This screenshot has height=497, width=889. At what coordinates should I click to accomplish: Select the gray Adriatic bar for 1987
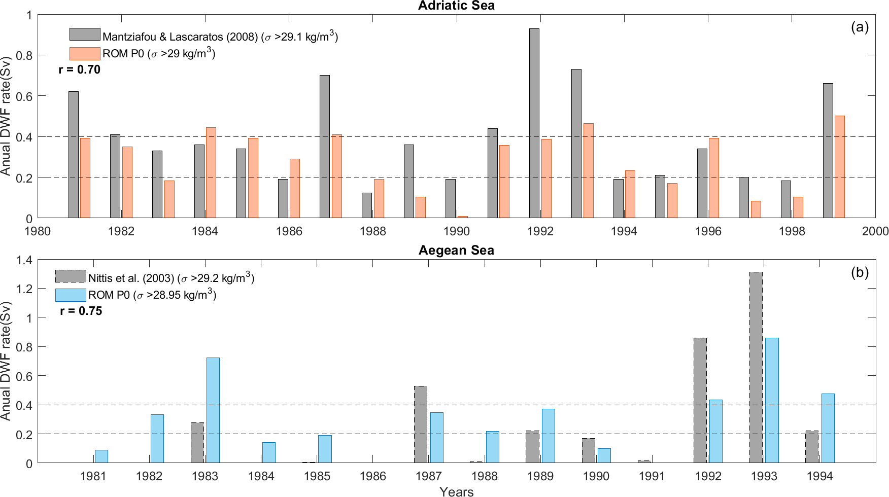coord(325,147)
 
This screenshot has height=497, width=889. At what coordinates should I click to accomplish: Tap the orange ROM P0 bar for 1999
coord(840,167)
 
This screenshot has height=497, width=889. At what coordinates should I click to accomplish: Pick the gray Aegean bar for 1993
coord(756,367)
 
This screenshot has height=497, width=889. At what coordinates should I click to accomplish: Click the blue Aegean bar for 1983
coord(213,410)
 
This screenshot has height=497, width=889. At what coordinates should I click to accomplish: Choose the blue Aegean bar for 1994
coord(828,428)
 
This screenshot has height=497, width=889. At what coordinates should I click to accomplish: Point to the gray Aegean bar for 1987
coord(421,424)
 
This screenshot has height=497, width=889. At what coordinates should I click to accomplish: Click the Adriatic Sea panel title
coord(456,6)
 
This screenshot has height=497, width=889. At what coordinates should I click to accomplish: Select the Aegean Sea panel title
coord(456,250)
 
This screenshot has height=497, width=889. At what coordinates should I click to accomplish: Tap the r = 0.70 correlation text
coord(80,69)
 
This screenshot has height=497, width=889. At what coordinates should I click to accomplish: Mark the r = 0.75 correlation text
coord(81,311)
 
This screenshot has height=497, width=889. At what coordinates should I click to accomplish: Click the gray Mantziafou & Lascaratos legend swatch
coord(85,34)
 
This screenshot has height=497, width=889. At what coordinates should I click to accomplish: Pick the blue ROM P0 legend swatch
coord(71,295)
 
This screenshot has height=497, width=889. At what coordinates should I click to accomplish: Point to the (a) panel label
coord(860,27)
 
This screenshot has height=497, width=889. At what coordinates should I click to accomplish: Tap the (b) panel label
coord(860,272)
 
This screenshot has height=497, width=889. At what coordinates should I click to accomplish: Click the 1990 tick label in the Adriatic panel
coord(456,231)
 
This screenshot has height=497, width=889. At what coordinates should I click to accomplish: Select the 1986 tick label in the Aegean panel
coord(373,476)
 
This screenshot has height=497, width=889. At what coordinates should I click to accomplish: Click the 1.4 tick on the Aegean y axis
coord(24,260)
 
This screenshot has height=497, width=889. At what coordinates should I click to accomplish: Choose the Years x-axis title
coord(456,491)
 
